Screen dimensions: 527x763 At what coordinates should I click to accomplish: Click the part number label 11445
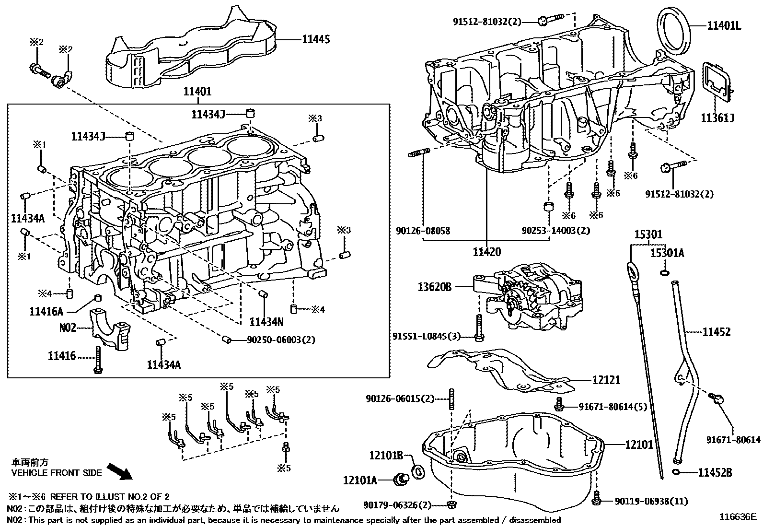(x=315, y=40)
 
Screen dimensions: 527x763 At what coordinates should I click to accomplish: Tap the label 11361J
(x=717, y=117)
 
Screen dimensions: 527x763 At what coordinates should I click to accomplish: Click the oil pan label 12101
(x=639, y=445)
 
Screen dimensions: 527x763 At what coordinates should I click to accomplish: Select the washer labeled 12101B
(x=418, y=472)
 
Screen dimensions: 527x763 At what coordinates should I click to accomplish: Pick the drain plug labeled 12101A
(x=400, y=478)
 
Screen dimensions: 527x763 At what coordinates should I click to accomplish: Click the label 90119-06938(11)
(x=651, y=502)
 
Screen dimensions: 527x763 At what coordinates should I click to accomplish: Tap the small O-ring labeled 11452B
(x=676, y=473)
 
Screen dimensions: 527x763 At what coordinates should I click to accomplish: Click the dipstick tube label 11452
(x=717, y=332)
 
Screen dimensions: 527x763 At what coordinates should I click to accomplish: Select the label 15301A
(x=667, y=253)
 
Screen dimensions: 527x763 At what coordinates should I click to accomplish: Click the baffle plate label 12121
(x=606, y=380)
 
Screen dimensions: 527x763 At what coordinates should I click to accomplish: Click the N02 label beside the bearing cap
(x=68, y=328)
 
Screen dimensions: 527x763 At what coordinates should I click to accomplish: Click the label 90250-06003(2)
(x=281, y=340)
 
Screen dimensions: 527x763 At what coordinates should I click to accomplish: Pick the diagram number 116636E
(x=737, y=517)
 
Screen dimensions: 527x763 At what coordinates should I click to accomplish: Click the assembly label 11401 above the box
(x=197, y=91)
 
